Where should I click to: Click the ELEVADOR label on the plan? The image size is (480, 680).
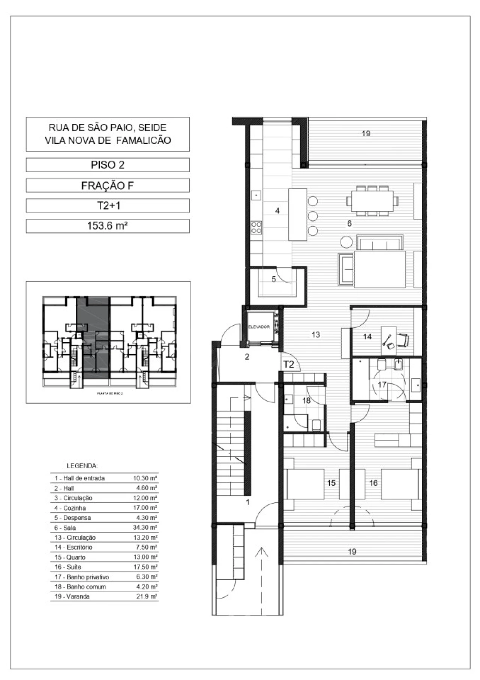pos(259,327)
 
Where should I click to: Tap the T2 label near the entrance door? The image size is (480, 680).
pos(289,364)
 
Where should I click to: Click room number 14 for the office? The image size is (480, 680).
pos(367,337)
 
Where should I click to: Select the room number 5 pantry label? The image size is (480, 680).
pos(274,279)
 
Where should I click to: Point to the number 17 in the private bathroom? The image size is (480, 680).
pos(382,385)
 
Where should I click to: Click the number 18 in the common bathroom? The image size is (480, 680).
pos(306,400)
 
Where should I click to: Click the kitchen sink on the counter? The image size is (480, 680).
pos(256,195)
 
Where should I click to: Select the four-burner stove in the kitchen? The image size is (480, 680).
pos(256,227)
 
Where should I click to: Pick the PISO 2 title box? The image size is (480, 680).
pos(108,165)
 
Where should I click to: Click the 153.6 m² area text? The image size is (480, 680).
pos(108,226)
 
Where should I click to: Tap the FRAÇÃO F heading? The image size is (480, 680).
pos(108,185)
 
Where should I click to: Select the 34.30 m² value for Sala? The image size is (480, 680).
pos(145,528)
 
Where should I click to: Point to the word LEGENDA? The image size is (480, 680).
pos(82,466)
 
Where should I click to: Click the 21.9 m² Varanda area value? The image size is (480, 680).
pos(147,596)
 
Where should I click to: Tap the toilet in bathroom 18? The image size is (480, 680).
pos(316,425)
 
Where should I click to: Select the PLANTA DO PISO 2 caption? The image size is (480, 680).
pos(110,394)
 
